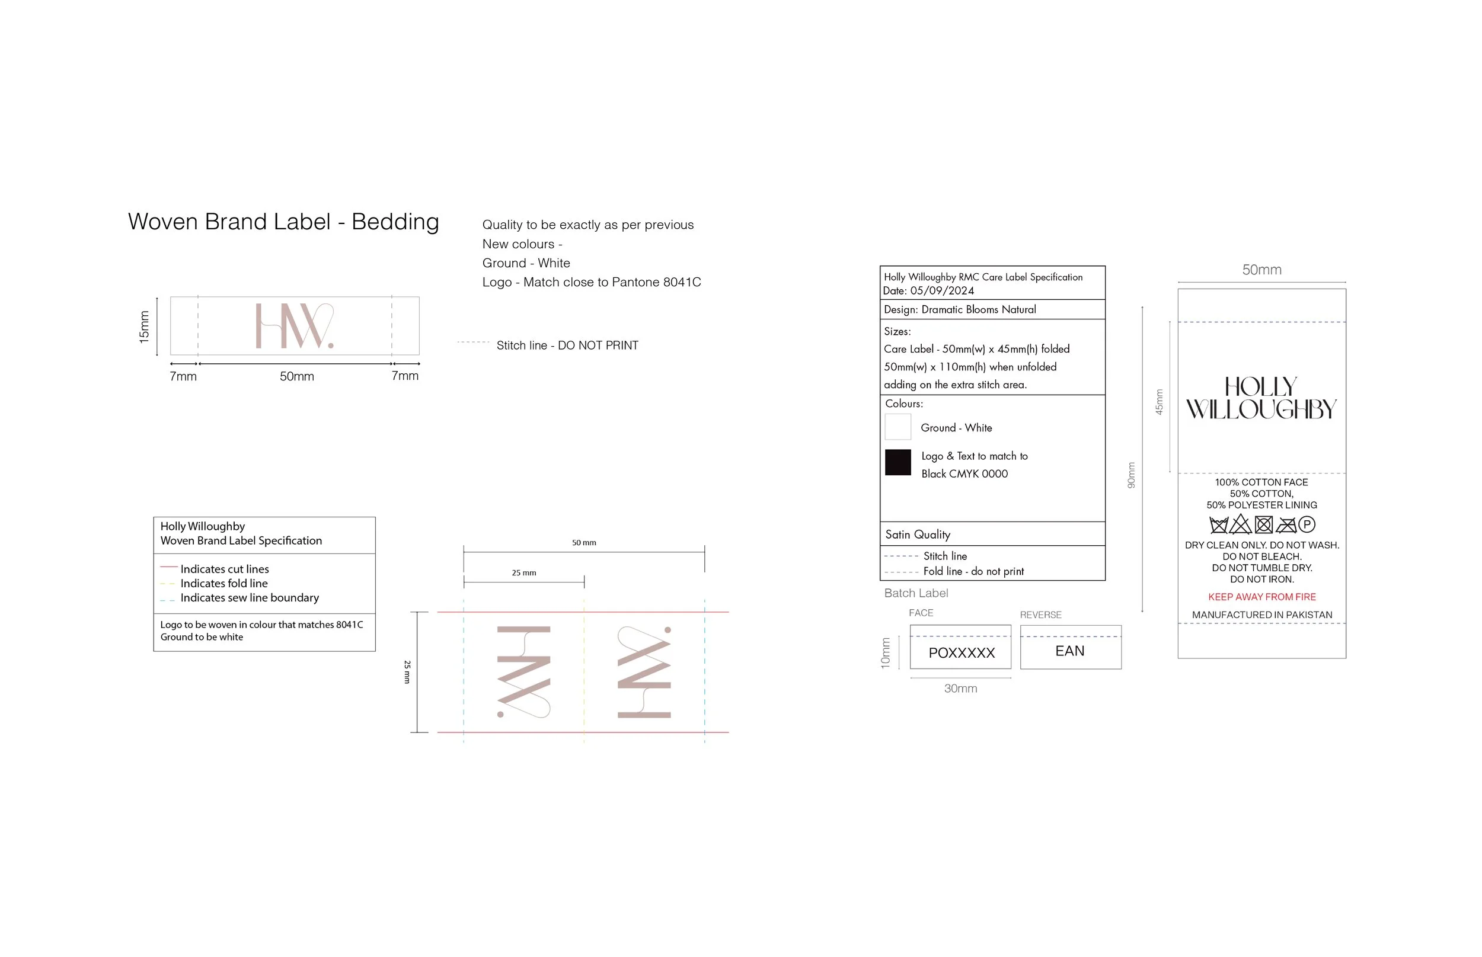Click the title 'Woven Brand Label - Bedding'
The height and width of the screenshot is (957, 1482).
pos(283,222)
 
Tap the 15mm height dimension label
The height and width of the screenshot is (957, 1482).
pos(144,327)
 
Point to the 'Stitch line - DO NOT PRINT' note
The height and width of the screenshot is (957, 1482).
pos(567,345)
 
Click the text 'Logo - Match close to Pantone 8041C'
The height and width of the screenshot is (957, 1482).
pos(591,282)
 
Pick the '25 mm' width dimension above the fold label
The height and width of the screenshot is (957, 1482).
pos(524,573)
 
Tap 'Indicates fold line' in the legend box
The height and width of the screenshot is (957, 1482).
pos(224,584)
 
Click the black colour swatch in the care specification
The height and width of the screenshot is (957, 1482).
pos(897,462)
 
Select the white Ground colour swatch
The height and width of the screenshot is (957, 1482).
pos(897,427)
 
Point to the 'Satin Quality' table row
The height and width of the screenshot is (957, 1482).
pos(992,534)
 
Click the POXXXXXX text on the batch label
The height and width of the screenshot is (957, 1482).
pos(962,652)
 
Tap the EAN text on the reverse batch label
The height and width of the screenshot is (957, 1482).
pos(1070,651)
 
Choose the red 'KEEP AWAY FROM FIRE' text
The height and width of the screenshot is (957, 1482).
pos(1262,597)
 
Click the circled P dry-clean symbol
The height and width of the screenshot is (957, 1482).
pos(1307,524)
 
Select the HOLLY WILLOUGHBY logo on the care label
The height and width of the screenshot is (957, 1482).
pos(1261,398)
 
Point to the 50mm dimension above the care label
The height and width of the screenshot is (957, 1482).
pos(1261,270)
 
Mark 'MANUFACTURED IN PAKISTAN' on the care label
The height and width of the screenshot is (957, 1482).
pos(1262,614)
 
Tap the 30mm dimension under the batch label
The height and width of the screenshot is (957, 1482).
pos(960,689)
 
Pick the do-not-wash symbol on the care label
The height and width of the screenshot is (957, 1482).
pos(1218,525)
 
